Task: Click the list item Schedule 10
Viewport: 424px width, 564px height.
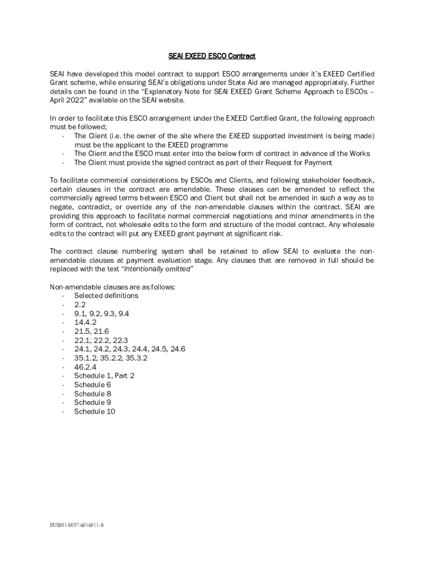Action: coord(95,411)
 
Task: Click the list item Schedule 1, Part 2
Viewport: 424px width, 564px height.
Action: coord(104,376)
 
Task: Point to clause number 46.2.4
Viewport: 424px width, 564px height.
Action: coord(85,367)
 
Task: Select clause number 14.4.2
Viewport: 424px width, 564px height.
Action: coord(85,322)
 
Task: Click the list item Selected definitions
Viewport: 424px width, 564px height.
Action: coord(106,296)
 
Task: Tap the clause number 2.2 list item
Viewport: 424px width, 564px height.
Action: coord(80,305)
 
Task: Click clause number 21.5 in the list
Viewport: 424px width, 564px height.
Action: coord(82,331)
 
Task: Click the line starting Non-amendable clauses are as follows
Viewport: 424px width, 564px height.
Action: coord(113,287)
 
